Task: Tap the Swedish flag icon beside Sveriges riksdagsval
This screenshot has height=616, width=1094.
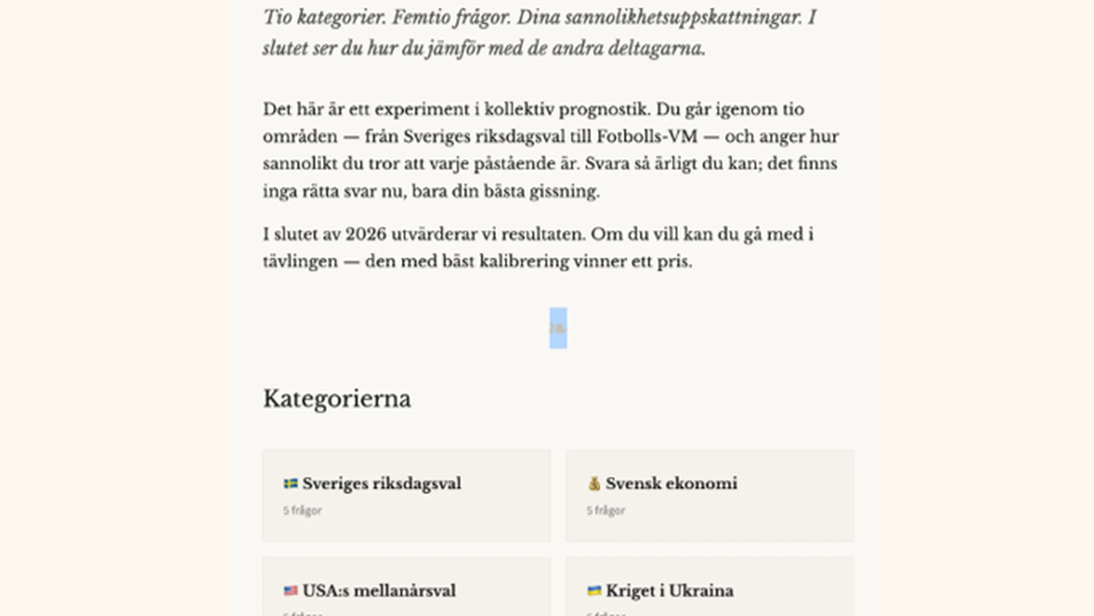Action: [x=291, y=483]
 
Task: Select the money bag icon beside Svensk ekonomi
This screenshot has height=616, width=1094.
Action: [x=594, y=483]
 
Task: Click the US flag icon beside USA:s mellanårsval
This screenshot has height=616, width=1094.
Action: [x=291, y=591]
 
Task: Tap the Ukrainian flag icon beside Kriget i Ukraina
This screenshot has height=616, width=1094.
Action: [x=594, y=591]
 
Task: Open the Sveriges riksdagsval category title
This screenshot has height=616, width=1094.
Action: [x=381, y=483]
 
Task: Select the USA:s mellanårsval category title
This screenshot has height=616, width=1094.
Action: [x=379, y=591]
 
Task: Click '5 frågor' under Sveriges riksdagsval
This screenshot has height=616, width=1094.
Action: [x=302, y=510]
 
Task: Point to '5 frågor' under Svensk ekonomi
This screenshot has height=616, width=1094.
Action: [x=606, y=510]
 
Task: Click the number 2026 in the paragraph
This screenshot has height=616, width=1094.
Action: [x=366, y=234]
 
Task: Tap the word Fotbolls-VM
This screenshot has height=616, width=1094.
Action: [x=647, y=137]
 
